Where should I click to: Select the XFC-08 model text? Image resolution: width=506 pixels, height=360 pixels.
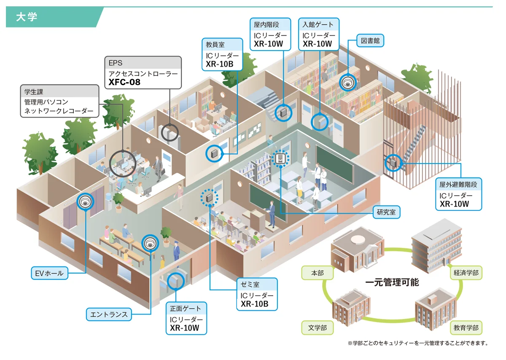click(x=124, y=82)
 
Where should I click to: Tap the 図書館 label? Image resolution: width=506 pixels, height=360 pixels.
click(x=371, y=41)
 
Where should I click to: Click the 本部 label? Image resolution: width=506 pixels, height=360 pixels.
click(x=317, y=273)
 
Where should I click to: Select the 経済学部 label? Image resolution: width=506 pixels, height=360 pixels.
click(x=466, y=273)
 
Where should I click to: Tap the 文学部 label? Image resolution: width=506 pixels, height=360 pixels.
click(x=317, y=328)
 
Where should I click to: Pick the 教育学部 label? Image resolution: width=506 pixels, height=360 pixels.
click(x=466, y=328)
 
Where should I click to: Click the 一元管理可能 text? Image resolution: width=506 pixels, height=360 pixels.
click(x=392, y=282)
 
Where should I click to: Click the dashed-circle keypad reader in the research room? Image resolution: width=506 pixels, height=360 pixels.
click(x=280, y=159)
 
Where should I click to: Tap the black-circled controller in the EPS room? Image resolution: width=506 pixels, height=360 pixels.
click(x=170, y=132)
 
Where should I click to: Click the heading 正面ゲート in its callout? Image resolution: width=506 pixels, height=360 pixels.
click(x=186, y=308)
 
